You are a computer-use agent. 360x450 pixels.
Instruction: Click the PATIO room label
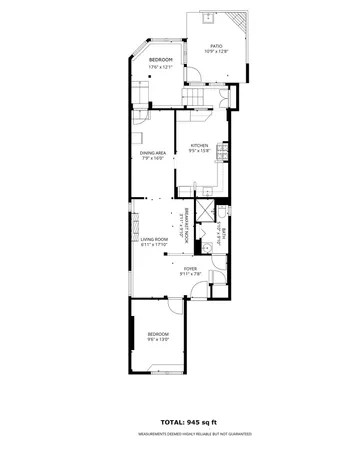(216, 45)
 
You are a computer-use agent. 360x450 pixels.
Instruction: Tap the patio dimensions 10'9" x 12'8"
(216, 52)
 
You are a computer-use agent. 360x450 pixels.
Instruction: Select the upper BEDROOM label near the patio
(161, 61)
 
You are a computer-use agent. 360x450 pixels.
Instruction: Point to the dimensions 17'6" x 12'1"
(161, 68)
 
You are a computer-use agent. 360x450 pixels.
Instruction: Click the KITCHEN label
(200, 145)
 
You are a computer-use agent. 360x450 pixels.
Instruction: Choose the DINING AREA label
(153, 152)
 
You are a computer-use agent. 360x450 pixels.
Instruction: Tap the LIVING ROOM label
(153, 239)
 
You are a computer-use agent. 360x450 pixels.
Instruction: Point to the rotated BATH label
(225, 237)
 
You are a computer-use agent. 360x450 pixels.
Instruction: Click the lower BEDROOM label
(158, 333)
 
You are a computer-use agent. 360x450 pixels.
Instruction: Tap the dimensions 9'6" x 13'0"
(158, 340)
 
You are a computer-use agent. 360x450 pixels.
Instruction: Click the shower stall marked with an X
(204, 211)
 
